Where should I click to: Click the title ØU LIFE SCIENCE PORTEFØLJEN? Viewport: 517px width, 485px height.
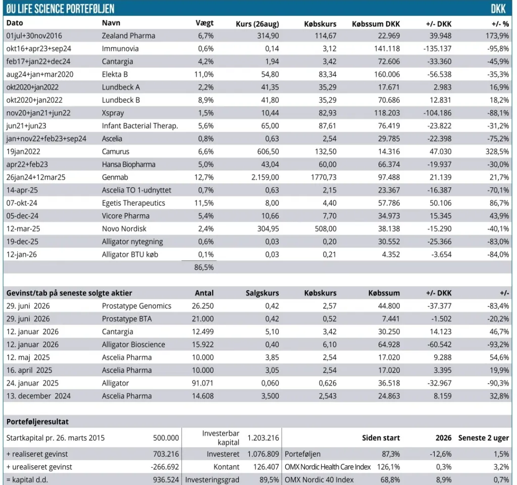pos(61,9)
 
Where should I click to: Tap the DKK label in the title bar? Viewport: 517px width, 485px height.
pos(498,9)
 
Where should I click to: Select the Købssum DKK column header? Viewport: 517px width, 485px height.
pos(376,24)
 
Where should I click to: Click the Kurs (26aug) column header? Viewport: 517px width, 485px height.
pos(257,24)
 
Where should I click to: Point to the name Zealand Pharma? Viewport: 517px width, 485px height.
pos(128,36)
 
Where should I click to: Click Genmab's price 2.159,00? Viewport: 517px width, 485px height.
pos(265,177)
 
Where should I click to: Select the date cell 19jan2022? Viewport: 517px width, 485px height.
pos(23,151)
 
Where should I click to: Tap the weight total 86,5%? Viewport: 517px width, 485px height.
pos(204,267)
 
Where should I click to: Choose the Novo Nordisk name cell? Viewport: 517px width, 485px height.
pos(124,229)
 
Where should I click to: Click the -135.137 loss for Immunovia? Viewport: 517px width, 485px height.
pos(437,48)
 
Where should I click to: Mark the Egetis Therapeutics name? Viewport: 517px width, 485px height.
pos(133,203)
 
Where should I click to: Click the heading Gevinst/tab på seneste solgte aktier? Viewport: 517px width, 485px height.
pos(69,293)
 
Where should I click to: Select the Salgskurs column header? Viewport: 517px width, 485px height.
pos(262,293)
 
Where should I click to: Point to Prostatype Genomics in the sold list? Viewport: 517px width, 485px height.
pos(136,306)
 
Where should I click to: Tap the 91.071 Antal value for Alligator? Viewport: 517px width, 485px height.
pos(202,383)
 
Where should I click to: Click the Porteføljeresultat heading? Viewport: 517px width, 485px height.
pos(37,422)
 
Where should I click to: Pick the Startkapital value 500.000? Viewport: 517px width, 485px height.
pos(166,438)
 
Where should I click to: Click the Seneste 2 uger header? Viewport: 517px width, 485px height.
pos(484,438)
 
